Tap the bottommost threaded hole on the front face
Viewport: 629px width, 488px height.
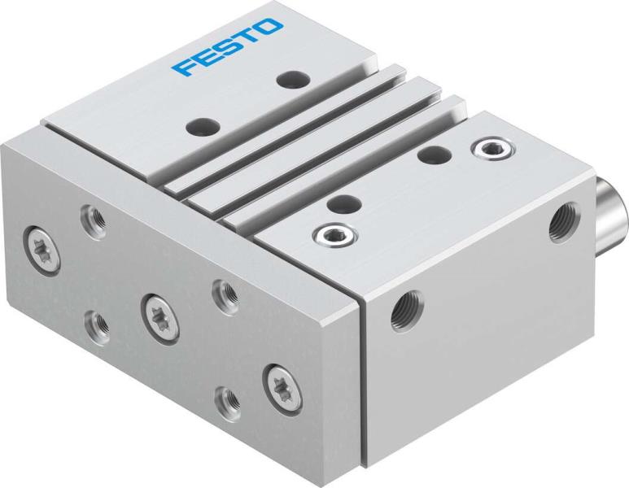pos(228,399)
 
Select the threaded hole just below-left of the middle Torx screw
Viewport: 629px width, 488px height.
pos(99,324)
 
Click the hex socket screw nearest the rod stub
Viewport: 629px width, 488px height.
pos(490,147)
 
